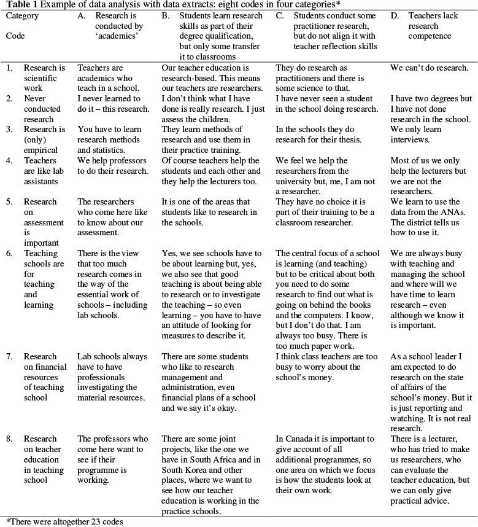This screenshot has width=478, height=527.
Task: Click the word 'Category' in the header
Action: [22, 15]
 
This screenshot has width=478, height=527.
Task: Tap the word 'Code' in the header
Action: [15, 36]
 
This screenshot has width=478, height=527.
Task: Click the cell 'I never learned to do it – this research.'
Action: [113, 103]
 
